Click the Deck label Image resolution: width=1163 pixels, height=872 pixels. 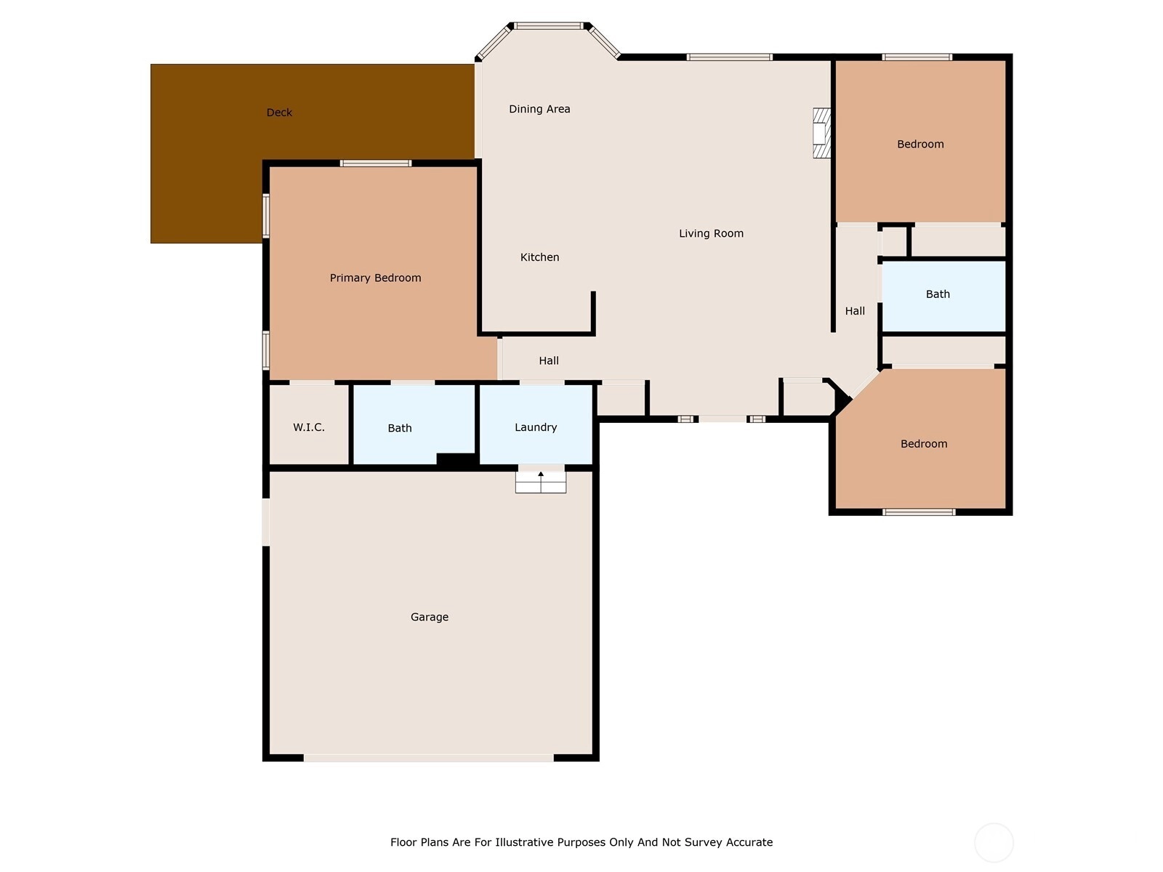[279, 112]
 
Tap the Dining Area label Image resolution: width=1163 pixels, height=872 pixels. [539, 109]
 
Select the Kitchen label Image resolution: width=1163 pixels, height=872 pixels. [539, 257]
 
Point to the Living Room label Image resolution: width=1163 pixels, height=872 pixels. [711, 233]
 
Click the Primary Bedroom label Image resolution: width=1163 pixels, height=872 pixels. [375, 278]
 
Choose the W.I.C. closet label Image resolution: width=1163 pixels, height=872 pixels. [308, 427]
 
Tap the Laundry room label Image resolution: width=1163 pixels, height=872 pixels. [536, 427]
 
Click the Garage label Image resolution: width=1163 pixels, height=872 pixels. [429, 617]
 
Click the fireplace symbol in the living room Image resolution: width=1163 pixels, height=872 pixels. [821, 133]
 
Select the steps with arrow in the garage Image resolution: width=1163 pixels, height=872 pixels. [541, 482]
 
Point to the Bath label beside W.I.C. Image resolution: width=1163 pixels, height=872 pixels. [400, 428]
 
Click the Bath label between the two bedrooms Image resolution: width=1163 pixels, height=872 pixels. [937, 294]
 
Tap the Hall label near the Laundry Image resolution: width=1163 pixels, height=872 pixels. [548, 360]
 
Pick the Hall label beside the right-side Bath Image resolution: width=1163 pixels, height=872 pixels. [855, 311]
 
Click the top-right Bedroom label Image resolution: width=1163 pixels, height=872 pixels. [919, 144]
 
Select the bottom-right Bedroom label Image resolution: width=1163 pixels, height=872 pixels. [924, 444]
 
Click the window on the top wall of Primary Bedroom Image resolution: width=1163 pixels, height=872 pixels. [376, 163]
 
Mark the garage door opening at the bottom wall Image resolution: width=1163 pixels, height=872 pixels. [428, 758]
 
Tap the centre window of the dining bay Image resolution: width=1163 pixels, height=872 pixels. [548, 25]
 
